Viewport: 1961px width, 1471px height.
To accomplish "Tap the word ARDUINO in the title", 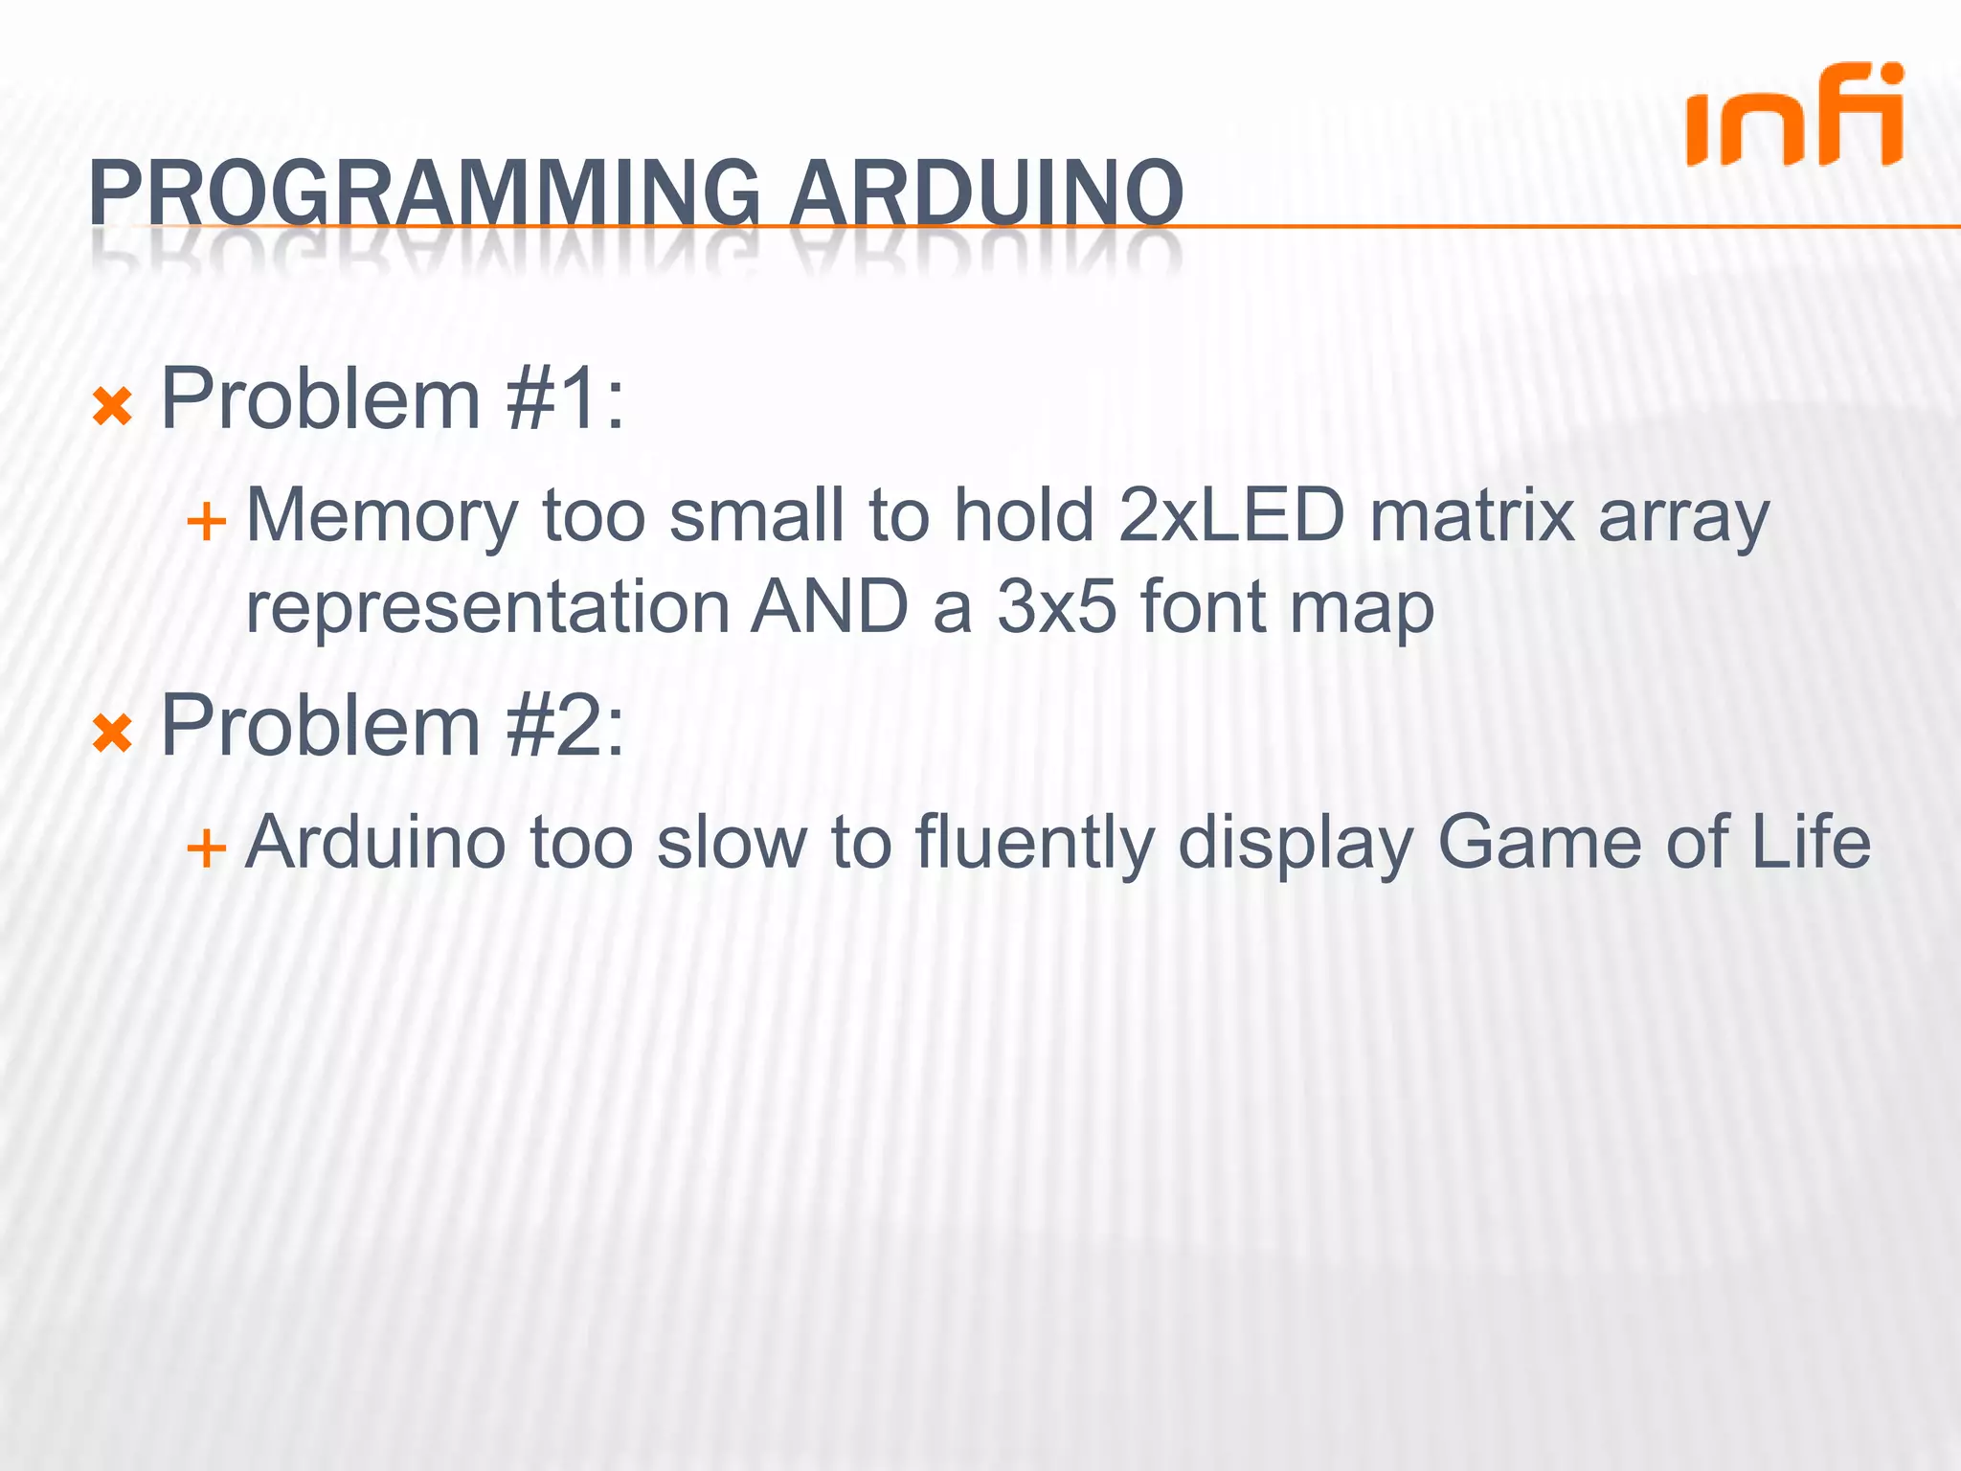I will click(986, 194).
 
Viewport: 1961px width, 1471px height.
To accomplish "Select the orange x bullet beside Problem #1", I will click(112, 408).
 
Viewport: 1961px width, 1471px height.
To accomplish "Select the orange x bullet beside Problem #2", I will click(112, 735).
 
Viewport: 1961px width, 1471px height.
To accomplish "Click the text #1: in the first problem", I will click(566, 399).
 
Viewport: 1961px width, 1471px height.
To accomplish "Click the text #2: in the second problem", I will click(566, 726).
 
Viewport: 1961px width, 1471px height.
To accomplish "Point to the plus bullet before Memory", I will click(206, 523).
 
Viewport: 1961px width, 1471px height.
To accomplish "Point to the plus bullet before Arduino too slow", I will click(206, 849).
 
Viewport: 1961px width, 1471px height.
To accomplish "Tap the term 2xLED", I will click(1231, 515).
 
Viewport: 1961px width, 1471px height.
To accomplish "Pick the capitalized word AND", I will click(830, 607).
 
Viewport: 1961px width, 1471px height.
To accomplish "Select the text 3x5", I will click(1056, 607).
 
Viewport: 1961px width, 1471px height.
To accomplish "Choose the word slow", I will click(733, 841).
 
